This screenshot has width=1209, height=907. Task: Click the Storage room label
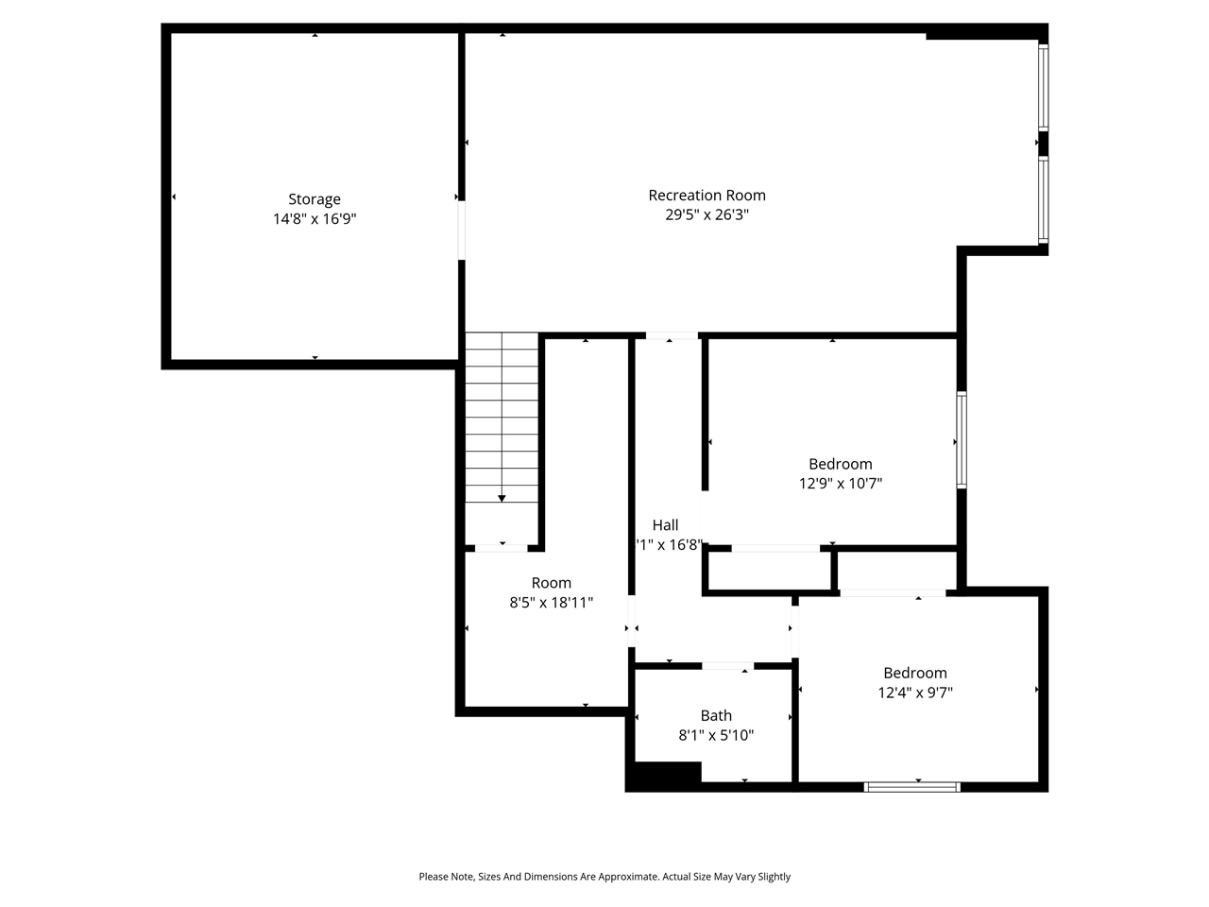pos(315,199)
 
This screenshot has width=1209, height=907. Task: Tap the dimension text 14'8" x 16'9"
pos(315,219)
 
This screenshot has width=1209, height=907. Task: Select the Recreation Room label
pos(707,196)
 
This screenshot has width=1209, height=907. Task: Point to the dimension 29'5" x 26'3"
pos(707,215)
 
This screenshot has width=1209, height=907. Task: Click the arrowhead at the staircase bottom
pos(502,498)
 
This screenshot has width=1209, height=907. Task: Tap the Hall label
pos(665,525)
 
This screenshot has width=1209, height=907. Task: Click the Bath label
pos(716,716)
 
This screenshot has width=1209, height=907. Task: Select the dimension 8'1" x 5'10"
pos(716,735)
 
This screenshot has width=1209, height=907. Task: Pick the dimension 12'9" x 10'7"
pos(841,484)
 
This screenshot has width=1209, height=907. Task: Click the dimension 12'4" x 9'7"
pos(915,693)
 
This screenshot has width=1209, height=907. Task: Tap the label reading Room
pos(551,583)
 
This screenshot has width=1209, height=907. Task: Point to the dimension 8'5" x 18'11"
pos(551,603)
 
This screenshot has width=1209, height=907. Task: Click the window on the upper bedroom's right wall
pos(962,440)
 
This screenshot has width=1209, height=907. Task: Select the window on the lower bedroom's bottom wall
pos(912,786)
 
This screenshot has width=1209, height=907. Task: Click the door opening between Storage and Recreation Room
pos(462,230)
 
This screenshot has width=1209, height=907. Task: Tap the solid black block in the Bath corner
pos(665,775)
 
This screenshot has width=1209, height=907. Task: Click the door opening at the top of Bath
pos(727,667)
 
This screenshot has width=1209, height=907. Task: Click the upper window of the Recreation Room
pos(1044,87)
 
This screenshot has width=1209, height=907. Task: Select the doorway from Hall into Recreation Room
pos(672,336)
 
